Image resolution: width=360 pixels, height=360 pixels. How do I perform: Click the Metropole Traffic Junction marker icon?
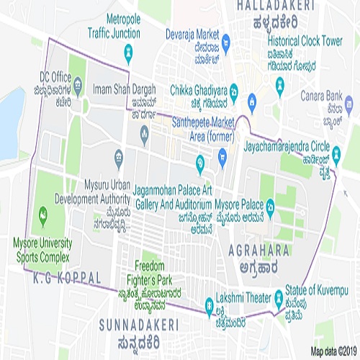tap(128, 53)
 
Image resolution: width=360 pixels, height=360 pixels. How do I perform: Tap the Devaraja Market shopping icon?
tap(225, 40)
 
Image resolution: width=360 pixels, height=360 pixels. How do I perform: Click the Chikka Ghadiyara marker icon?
tap(253, 99)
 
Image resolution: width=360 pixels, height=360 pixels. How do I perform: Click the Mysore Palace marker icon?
tap(269, 205)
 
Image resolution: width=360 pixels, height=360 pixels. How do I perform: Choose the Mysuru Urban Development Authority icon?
tap(119, 156)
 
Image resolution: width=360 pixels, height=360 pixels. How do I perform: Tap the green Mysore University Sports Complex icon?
tap(42, 213)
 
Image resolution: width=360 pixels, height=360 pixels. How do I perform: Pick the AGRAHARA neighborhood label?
tap(258, 251)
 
